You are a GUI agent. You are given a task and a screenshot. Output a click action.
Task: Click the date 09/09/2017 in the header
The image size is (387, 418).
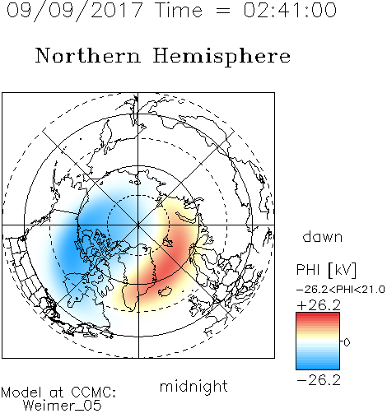pos(75,10)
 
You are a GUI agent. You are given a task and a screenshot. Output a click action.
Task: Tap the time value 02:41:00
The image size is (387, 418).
pos(290,10)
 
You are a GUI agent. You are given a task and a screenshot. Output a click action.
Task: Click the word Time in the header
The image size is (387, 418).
pos(179,10)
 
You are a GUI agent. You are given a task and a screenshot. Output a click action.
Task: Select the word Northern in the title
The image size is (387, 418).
pos(88,55)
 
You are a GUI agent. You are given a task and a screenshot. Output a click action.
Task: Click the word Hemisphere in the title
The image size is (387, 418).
pos(221,57)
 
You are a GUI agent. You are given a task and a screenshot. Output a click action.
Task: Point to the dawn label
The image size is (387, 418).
pos(323,237)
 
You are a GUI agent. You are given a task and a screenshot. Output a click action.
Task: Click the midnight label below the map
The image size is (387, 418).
pos(193,387)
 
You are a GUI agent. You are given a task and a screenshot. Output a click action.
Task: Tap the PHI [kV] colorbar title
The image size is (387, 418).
pos(326,270)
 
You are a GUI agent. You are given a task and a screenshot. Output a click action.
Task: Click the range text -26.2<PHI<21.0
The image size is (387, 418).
pos(341,290)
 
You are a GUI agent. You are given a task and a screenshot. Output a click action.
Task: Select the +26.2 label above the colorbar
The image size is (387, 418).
pos(319,305)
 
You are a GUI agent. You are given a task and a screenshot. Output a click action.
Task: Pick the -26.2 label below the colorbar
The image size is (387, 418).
pos(319,380)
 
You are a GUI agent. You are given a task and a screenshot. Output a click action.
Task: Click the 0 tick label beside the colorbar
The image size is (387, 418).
pos(347,342)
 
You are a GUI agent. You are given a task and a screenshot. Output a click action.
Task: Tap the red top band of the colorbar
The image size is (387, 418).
pos(318,315)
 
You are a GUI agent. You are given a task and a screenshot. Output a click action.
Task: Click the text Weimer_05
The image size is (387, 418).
pos(63,406)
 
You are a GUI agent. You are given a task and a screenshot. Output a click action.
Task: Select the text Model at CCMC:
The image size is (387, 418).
pos(58,392)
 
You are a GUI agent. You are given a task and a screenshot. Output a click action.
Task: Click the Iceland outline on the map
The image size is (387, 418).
pos(166,291)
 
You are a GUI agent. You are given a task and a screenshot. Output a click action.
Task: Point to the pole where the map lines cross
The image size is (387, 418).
pos(138,225)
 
